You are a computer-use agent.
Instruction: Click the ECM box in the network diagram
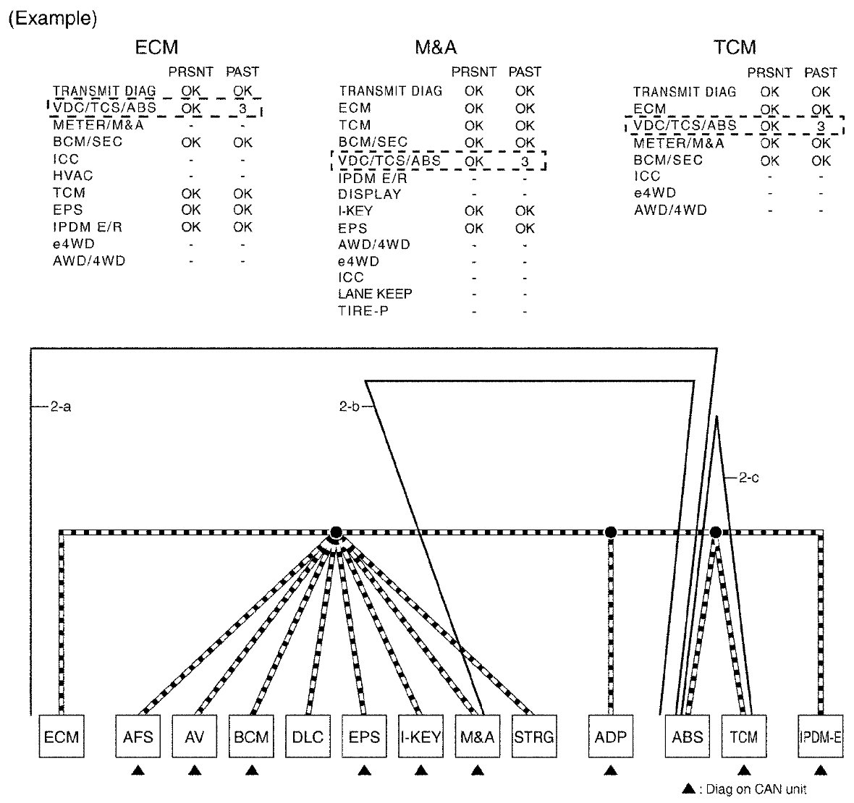(x=62, y=737)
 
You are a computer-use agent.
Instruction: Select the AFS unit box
(x=138, y=737)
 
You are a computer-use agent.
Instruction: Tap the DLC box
(x=308, y=737)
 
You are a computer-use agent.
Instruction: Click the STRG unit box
(x=533, y=737)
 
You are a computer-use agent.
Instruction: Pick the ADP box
(x=610, y=737)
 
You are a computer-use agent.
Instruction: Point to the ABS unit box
(x=687, y=737)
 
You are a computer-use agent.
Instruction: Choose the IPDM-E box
(x=820, y=737)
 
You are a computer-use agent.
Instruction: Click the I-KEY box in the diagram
(x=420, y=737)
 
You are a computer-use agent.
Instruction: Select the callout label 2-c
(x=748, y=477)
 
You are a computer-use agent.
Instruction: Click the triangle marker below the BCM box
(x=251, y=771)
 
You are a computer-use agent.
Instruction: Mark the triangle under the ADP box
(x=610, y=771)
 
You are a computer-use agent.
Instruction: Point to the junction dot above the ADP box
(x=610, y=532)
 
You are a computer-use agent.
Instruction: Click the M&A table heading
(x=436, y=48)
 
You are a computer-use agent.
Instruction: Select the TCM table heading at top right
(x=735, y=48)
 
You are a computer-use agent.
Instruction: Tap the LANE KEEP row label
(x=375, y=294)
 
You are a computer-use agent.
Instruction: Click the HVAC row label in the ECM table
(x=73, y=176)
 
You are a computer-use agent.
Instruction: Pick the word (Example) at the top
(x=52, y=19)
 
